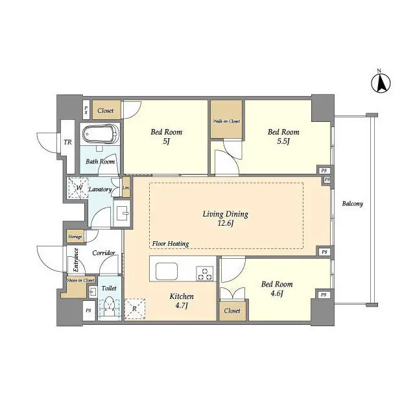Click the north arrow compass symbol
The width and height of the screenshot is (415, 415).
382,83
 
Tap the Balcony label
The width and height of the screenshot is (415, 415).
352,204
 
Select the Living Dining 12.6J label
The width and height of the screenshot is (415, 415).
226,219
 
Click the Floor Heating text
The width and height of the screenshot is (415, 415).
171,244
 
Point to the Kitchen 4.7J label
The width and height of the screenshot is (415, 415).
182,301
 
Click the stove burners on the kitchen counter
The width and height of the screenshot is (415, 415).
205,274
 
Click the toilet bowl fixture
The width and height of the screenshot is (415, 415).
110,305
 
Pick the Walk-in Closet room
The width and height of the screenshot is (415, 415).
226,119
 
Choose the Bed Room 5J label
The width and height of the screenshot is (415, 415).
166,137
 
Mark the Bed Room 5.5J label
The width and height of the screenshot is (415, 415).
284,137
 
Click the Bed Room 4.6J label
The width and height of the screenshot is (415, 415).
276,289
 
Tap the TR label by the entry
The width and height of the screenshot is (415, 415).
67,143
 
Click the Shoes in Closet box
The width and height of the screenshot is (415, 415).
80,281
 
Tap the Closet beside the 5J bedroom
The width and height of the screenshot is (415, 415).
106,110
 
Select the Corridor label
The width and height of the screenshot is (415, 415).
103,253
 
